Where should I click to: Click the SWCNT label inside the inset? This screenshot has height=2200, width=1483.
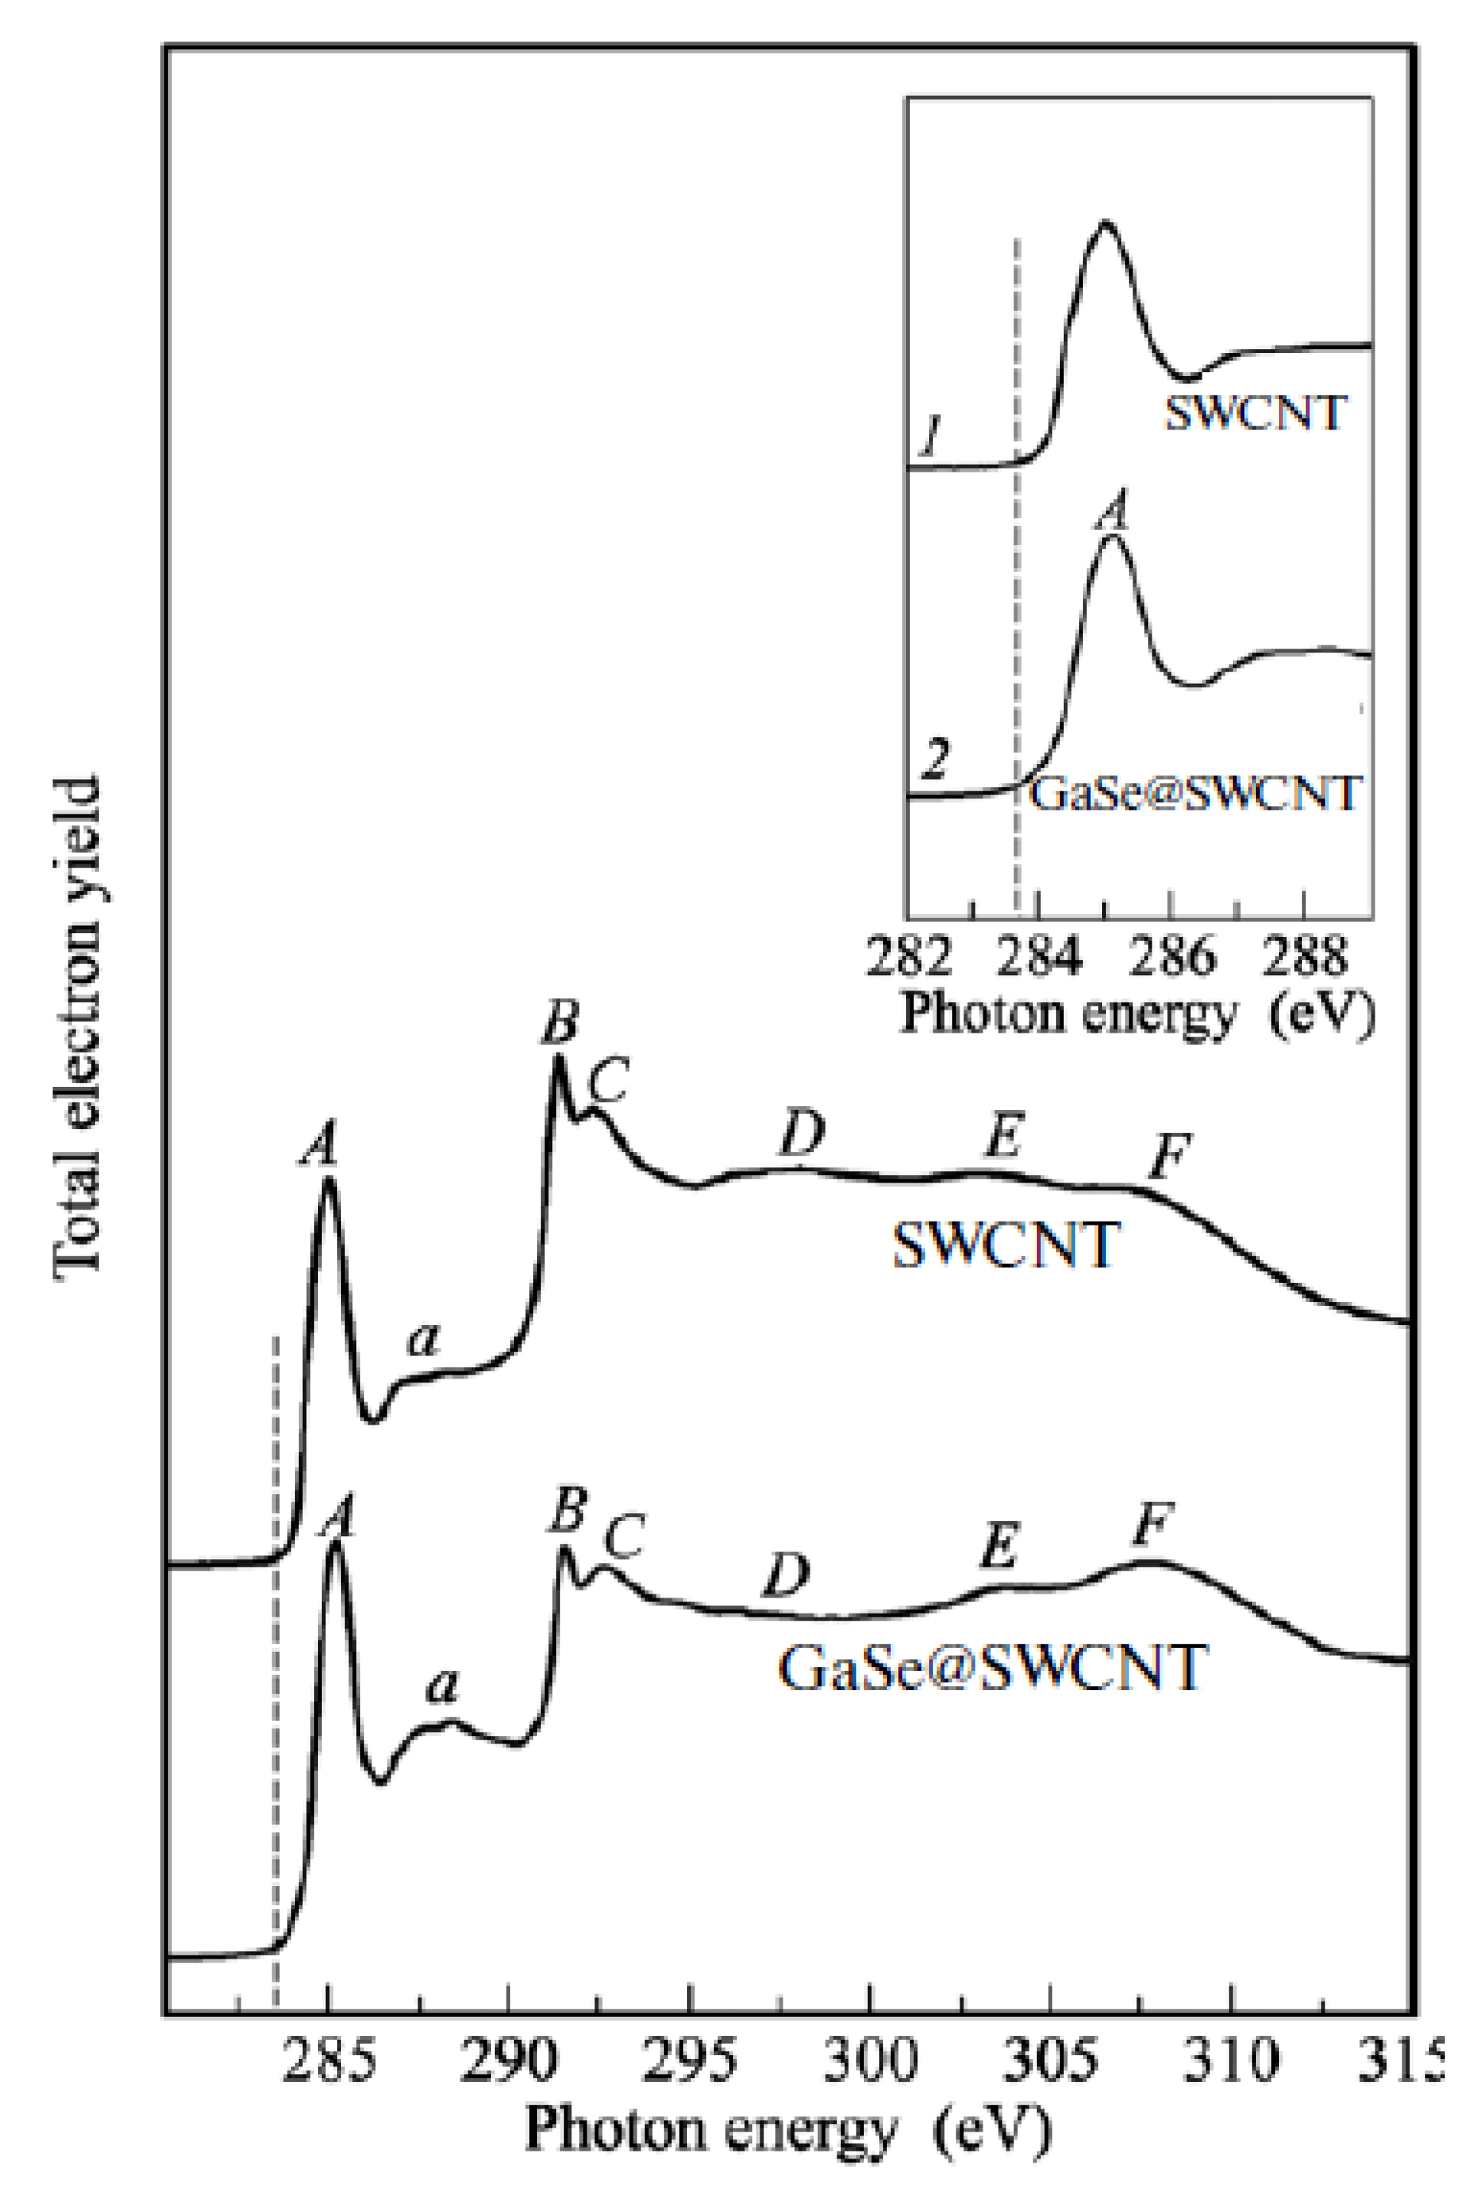[x=1254, y=414]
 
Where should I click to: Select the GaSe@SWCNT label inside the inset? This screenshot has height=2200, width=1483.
[x=1195, y=793]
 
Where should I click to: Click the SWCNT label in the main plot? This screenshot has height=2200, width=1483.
[x=1006, y=1245]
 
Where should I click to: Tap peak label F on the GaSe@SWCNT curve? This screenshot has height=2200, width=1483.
[x=1154, y=1524]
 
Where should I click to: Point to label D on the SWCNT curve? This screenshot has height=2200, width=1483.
[x=802, y=1135]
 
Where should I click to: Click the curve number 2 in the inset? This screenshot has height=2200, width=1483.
[x=935, y=761]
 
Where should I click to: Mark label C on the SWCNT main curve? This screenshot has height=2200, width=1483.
[x=608, y=1080]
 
